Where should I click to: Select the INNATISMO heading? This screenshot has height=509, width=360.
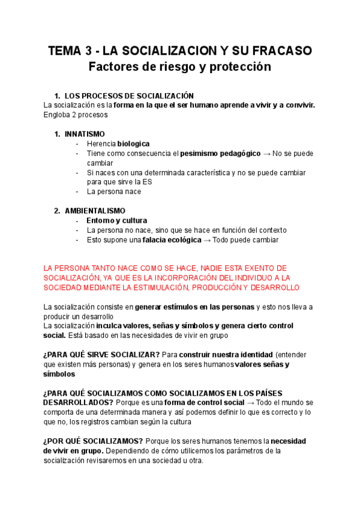[x=85, y=134]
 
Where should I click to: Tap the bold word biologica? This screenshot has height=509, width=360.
[x=133, y=144]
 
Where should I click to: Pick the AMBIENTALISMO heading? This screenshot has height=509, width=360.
[x=95, y=211]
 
